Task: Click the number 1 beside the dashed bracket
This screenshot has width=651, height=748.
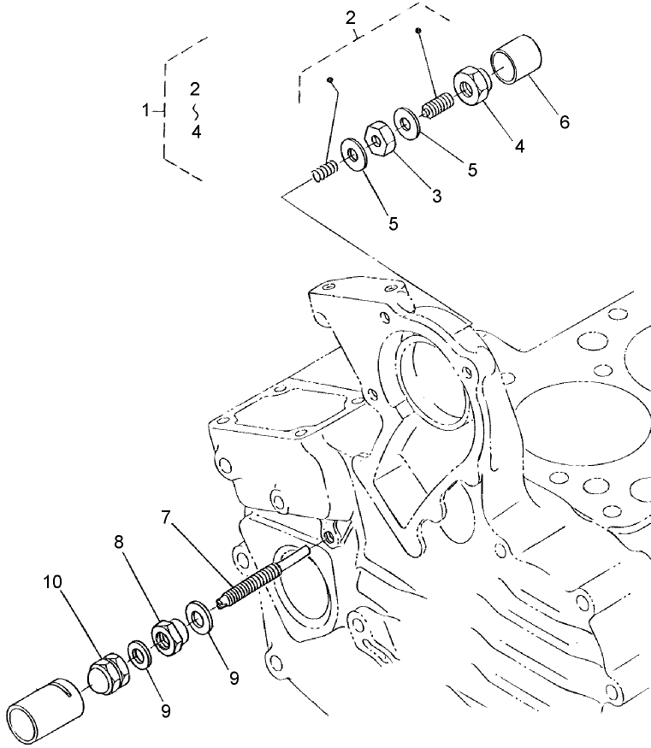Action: coord(146,109)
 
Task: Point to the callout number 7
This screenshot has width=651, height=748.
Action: coord(165,518)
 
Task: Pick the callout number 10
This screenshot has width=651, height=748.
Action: coord(53,583)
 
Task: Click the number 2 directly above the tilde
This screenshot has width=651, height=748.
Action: coord(195,89)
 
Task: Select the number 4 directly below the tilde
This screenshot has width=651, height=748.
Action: coord(197,133)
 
